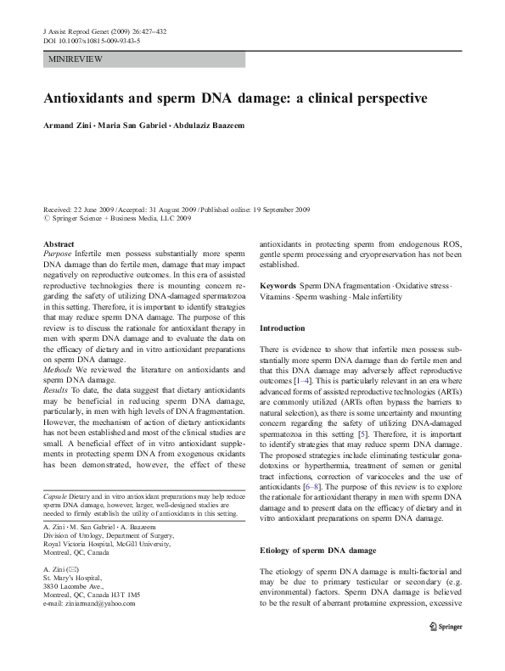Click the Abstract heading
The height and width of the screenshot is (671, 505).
(58, 244)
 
